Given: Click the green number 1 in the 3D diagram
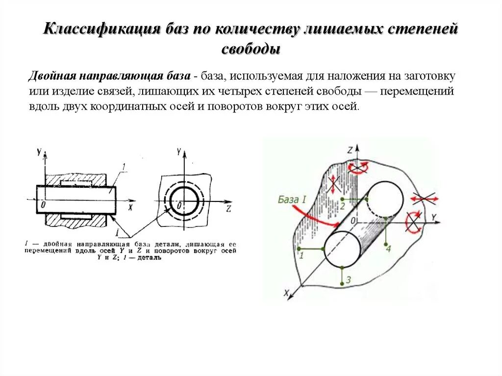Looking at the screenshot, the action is click(301, 255).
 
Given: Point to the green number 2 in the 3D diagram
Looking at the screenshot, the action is click(343, 205).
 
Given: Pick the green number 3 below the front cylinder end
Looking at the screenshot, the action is click(348, 280).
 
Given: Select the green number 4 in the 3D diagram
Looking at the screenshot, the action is click(388, 249).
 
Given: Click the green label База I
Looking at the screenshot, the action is click(292, 200).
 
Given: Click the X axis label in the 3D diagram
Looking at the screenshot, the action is click(286, 294).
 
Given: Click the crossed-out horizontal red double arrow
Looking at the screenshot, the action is click(424, 198).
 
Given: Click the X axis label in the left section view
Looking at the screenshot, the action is click(130, 207).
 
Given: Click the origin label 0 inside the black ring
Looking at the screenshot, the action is click(180, 204).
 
